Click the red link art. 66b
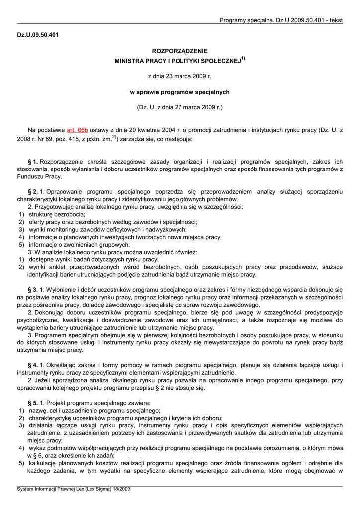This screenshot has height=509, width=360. point(77,130)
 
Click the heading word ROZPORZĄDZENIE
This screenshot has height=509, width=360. point(180,51)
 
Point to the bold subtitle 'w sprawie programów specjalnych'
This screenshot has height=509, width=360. point(180,92)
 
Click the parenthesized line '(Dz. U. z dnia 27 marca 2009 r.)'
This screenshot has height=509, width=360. point(180,107)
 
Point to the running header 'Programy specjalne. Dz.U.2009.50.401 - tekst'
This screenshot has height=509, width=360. point(281,20)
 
